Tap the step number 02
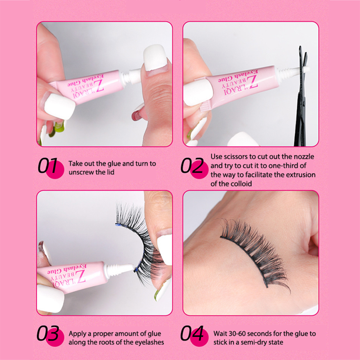(x=192, y=166)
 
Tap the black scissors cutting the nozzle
(x=301, y=96)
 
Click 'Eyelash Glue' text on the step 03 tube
(x=66, y=269)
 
